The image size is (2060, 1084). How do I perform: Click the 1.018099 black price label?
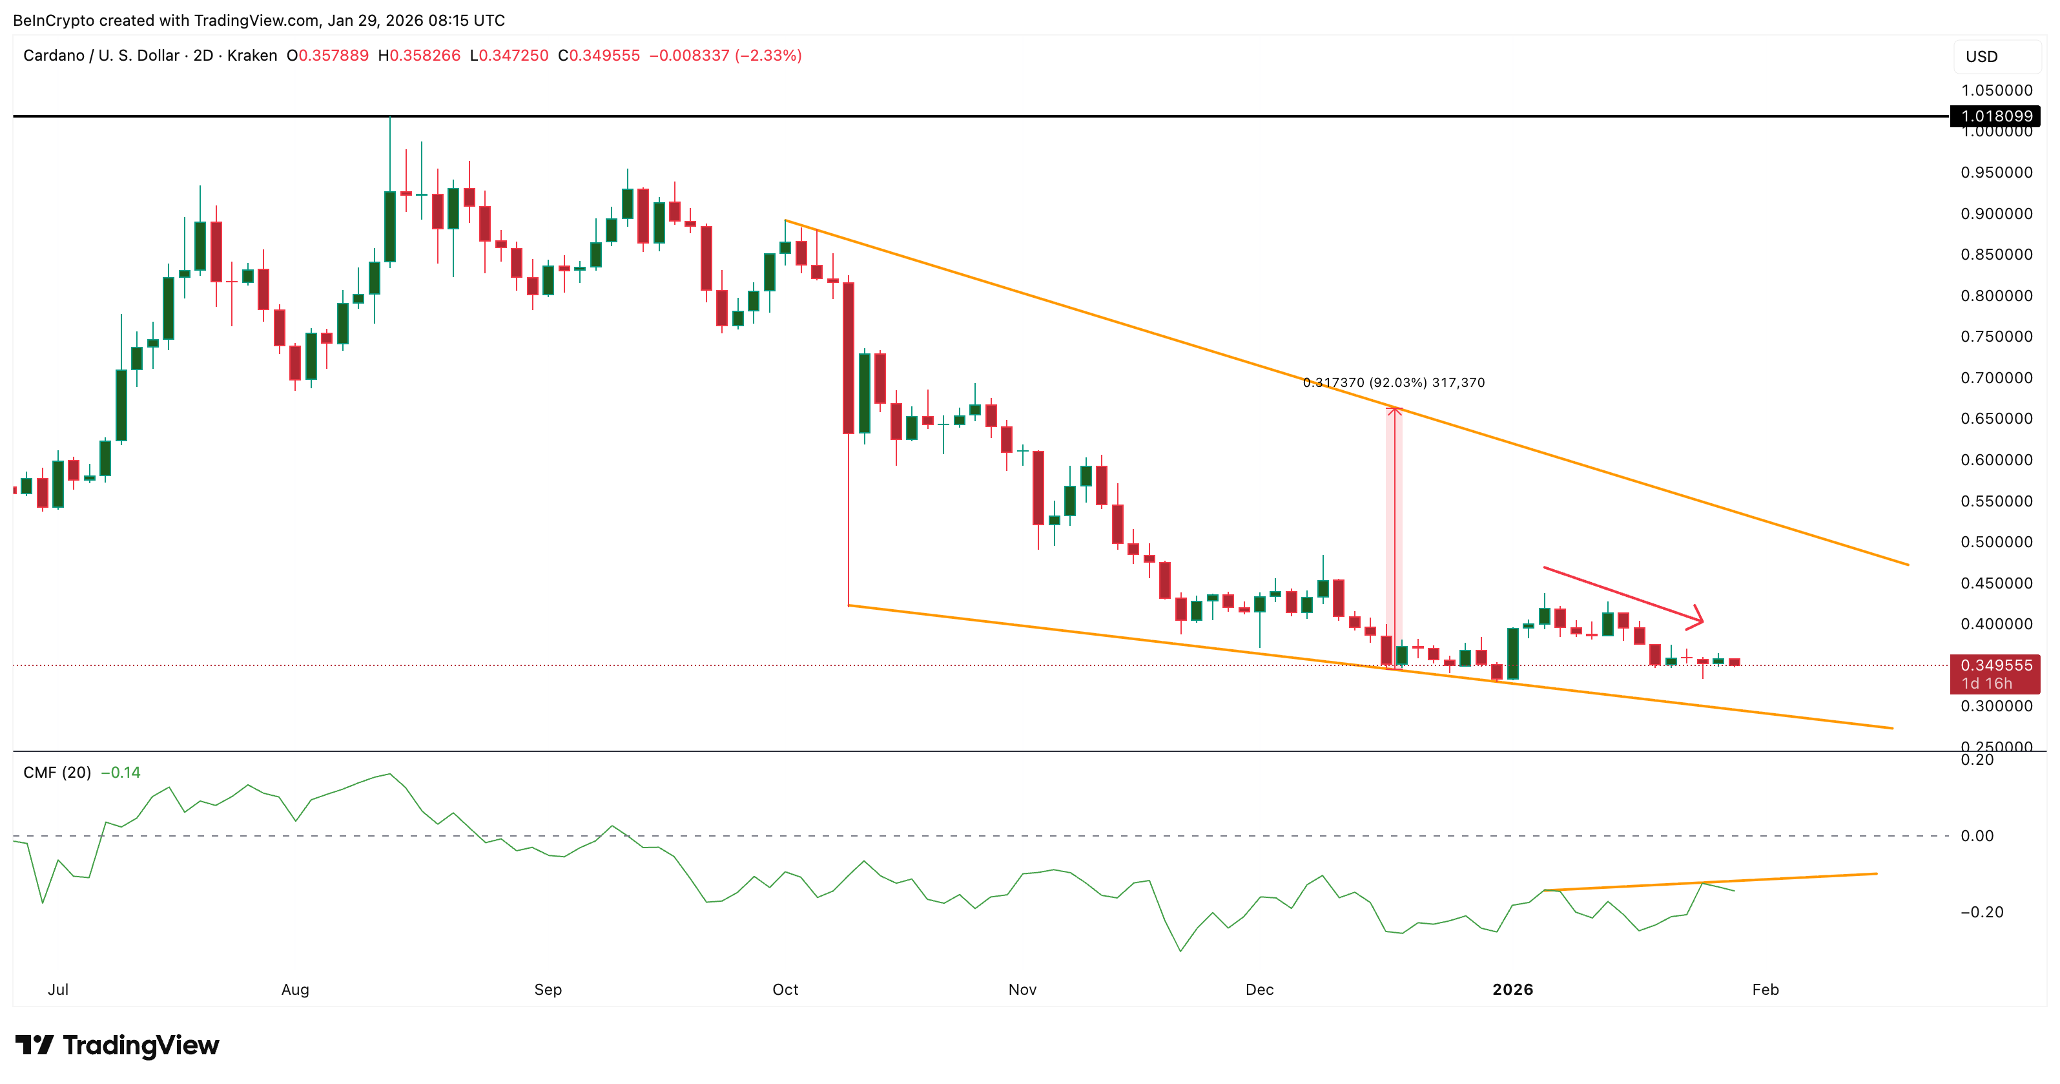(x=1995, y=116)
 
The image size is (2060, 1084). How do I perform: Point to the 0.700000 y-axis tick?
(x=1996, y=378)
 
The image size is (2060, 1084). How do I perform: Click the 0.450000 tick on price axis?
(x=1996, y=583)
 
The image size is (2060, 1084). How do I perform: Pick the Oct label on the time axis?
(x=785, y=990)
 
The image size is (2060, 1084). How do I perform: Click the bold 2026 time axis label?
(x=1512, y=990)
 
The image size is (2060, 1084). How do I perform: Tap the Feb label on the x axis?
(x=1765, y=990)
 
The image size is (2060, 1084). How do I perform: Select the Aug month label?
(x=295, y=990)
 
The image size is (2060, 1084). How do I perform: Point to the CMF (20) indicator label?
(x=57, y=773)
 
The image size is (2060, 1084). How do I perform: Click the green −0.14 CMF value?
(x=121, y=773)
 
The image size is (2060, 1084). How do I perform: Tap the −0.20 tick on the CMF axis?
(x=1982, y=912)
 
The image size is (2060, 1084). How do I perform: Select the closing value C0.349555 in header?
(x=599, y=55)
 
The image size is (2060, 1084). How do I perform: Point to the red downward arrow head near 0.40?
(x=1700, y=618)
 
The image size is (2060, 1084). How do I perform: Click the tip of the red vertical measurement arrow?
(x=1394, y=410)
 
